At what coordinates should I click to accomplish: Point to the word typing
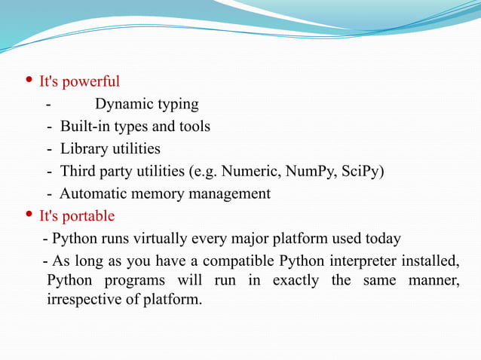(176, 105)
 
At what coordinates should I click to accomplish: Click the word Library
(85, 149)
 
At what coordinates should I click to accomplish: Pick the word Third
(79, 171)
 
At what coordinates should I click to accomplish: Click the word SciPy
(361, 171)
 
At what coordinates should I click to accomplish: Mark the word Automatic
(94, 194)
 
